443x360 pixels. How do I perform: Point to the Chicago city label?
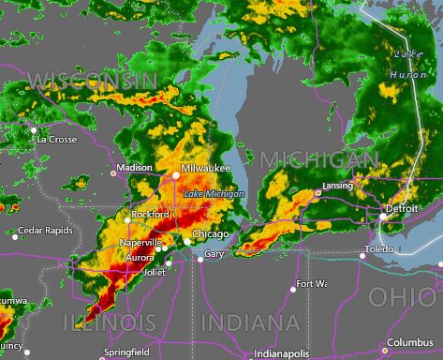click(x=210, y=233)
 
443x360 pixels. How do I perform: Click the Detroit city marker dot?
click(x=383, y=217)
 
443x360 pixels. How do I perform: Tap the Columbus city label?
click(x=411, y=341)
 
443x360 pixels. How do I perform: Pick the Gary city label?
click(x=214, y=254)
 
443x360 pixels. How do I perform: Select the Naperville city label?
click(x=140, y=242)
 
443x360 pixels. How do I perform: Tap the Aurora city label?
click(x=140, y=257)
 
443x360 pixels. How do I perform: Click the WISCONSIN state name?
click(x=92, y=82)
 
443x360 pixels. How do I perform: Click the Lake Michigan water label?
click(x=214, y=194)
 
